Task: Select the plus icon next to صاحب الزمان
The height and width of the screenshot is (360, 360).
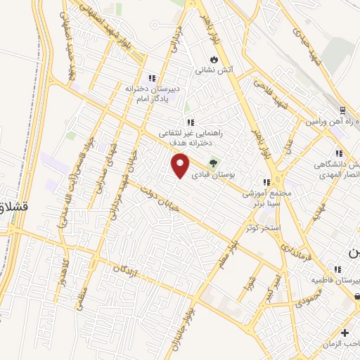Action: (345, 333)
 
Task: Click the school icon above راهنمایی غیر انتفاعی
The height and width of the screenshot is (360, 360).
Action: (190, 122)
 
